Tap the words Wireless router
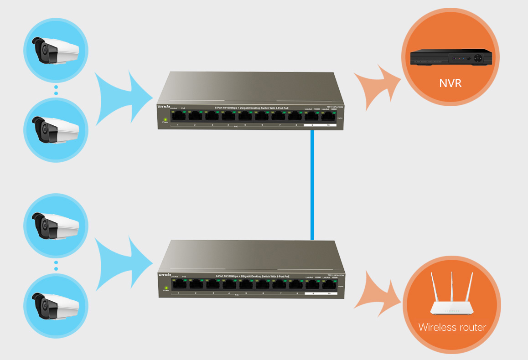pyautogui.click(x=452, y=327)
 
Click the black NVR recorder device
pyautogui.click(x=451, y=58)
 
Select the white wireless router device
pyautogui.click(x=452, y=308)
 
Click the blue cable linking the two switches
pyautogui.click(x=312, y=185)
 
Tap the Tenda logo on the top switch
pyautogui.click(x=163, y=106)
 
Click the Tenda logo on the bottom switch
pyautogui.click(x=164, y=275)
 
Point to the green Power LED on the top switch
pyautogui.click(x=165, y=119)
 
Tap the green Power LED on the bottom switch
pyautogui.click(x=166, y=287)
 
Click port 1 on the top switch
pyautogui.click(x=178, y=116)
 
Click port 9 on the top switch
pyautogui.click(x=312, y=116)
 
